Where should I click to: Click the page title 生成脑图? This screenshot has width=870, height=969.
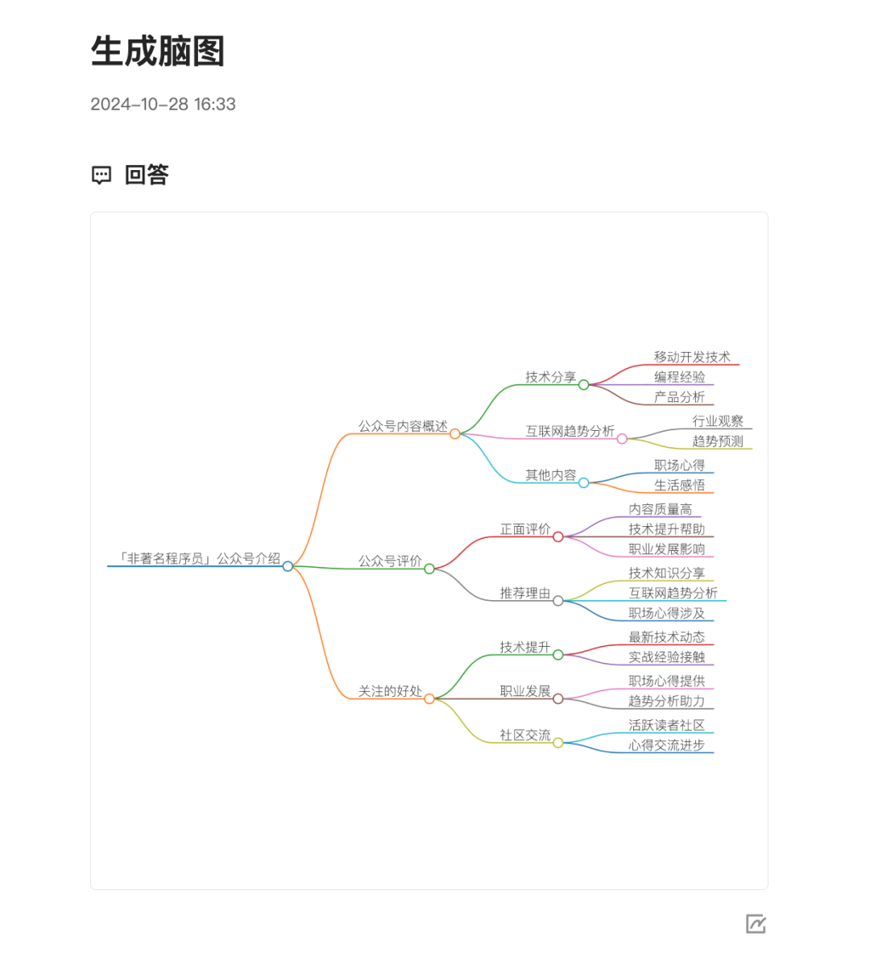click(x=157, y=51)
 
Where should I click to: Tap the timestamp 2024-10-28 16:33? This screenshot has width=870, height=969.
click(x=163, y=104)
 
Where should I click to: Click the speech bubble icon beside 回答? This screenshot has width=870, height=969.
click(x=101, y=175)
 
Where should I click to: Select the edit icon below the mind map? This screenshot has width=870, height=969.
click(x=756, y=924)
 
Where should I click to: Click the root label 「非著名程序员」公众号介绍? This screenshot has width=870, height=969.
click(x=199, y=558)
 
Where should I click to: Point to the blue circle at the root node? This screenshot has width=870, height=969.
click(x=288, y=566)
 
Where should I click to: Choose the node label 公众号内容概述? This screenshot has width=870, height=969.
click(x=403, y=426)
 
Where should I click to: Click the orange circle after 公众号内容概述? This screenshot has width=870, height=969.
click(x=455, y=434)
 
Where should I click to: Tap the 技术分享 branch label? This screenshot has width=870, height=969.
click(x=551, y=377)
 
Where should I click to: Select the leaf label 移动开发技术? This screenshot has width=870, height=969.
click(x=692, y=357)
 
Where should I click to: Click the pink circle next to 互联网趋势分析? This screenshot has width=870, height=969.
click(x=622, y=439)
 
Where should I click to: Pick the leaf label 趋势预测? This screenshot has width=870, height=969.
click(x=718, y=441)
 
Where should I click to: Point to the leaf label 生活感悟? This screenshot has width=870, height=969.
click(x=679, y=485)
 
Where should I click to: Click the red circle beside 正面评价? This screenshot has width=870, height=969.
click(x=557, y=536)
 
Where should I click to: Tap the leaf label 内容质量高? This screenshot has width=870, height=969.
click(x=660, y=509)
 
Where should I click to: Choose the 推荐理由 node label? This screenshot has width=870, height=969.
click(x=525, y=593)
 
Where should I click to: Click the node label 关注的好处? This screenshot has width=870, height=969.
click(x=390, y=691)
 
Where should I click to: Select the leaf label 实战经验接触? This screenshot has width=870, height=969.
click(x=666, y=656)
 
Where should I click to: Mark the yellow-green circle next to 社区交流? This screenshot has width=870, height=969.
click(x=557, y=743)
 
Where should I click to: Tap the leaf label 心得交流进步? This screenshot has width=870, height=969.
click(x=666, y=745)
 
